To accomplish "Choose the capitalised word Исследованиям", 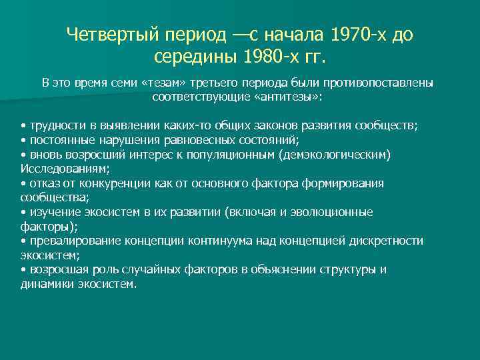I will (x=55, y=169).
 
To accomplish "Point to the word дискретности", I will (x=388, y=241).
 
